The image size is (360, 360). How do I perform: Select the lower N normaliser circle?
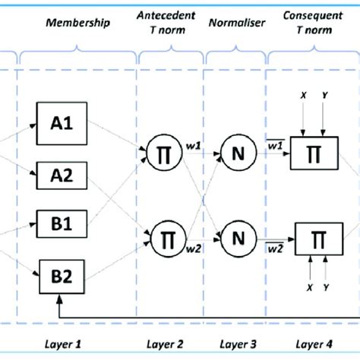(237, 239)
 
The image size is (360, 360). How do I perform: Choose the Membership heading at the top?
(78, 23)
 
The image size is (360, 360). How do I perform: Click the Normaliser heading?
(235, 24)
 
